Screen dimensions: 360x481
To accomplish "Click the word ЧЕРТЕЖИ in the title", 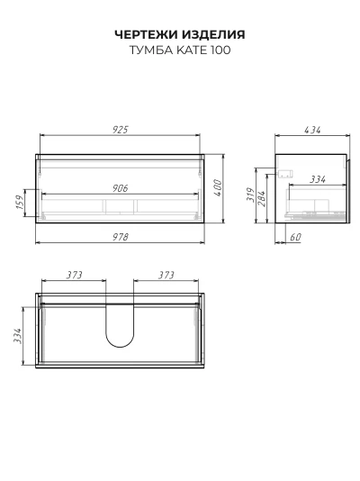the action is (146, 34).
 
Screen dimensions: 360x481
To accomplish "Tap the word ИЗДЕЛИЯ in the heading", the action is (213, 34).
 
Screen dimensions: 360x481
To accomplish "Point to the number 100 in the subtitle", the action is (220, 50).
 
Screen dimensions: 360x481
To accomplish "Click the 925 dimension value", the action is (120, 130).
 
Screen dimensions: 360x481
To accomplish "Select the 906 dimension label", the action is (120, 188).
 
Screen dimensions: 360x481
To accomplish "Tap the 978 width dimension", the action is (121, 237).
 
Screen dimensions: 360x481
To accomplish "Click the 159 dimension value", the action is (19, 202).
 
